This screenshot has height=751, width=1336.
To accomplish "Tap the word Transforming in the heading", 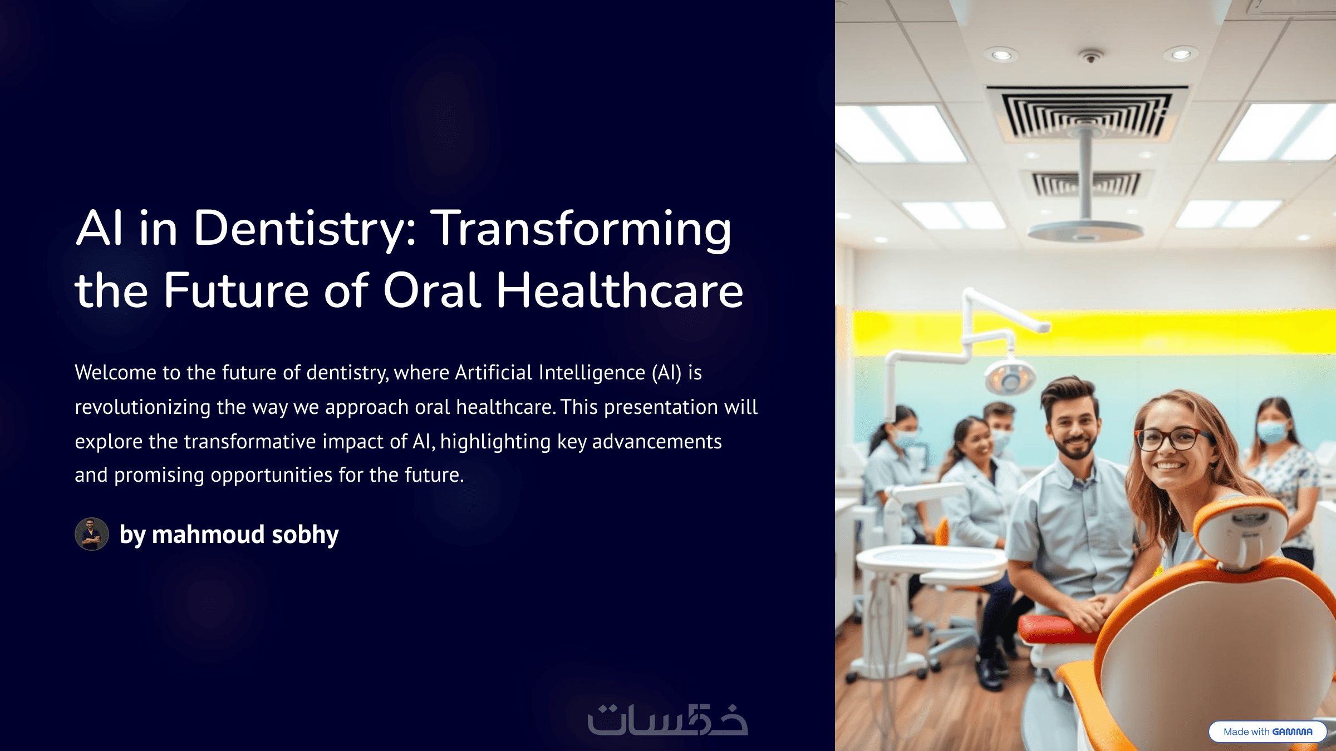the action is pyautogui.click(x=582, y=229).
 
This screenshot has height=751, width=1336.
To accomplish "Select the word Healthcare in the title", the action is pyautogui.click(x=620, y=290).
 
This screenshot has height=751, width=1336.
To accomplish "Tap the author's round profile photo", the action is pyautogui.click(x=92, y=534).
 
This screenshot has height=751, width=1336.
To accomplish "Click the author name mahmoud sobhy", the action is pyautogui.click(x=245, y=535).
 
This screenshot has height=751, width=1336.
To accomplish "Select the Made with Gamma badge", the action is pyautogui.click(x=1268, y=732).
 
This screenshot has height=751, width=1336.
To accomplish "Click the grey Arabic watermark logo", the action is pyautogui.click(x=667, y=719).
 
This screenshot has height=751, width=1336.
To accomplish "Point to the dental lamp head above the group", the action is pyautogui.click(x=1010, y=377).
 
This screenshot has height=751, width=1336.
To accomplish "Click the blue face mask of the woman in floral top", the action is pyautogui.click(x=1273, y=432).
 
